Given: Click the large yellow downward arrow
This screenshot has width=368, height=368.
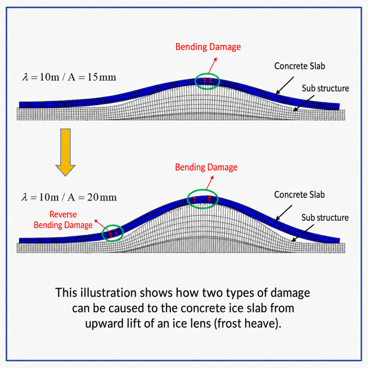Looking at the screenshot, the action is point(65,152).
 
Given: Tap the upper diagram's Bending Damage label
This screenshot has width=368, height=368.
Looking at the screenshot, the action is point(208,47).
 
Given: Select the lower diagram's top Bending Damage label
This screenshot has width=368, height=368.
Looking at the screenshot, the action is point(206,167).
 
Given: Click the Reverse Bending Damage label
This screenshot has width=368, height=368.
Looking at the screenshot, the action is point(63,220).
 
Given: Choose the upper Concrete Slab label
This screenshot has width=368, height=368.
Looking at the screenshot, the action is point(300,66).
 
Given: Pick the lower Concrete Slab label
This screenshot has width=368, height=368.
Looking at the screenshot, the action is point(299,194).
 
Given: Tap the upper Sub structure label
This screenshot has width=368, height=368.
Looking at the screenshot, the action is point(325,88).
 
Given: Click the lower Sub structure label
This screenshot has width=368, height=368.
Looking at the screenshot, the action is point(325,217).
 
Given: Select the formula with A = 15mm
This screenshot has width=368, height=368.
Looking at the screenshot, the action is point(69,77).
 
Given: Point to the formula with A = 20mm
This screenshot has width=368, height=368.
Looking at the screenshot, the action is point(69,197).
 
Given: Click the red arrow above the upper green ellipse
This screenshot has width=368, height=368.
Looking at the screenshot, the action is point(212,65).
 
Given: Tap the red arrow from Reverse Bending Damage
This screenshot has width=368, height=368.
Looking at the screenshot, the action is point(101,225).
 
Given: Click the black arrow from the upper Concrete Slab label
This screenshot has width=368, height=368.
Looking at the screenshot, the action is point(285,86).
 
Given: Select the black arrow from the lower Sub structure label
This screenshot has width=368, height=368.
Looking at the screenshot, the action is point(303,233).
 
